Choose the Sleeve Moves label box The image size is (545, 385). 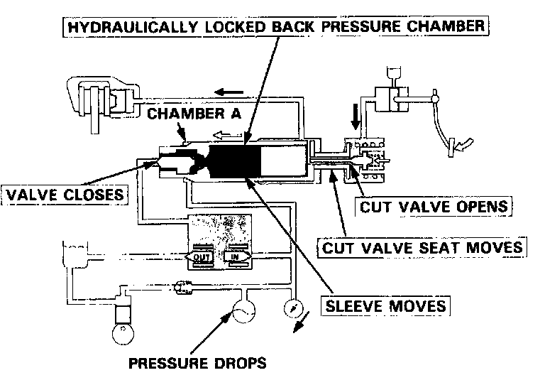(385, 306)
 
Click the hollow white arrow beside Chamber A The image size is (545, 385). (228, 133)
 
